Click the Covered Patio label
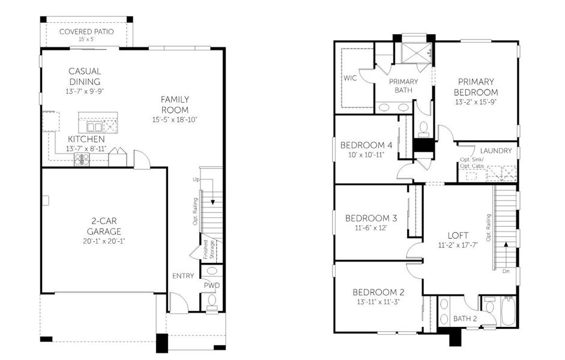(x=86, y=32)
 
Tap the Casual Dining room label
(x=85, y=76)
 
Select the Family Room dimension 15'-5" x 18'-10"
(x=175, y=120)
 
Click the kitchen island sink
(x=94, y=127)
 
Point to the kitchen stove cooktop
(x=82, y=159)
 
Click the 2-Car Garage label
(x=104, y=226)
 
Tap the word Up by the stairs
(x=196, y=179)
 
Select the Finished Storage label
(x=208, y=250)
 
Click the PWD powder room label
(x=212, y=286)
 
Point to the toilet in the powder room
(x=212, y=302)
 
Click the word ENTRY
(x=183, y=276)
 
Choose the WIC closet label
(x=350, y=78)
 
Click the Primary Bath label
(x=403, y=86)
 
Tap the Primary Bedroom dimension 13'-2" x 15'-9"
(x=476, y=102)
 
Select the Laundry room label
(x=496, y=151)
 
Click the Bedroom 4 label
(x=366, y=145)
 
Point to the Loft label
(x=458, y=235)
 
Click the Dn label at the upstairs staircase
(x=506, y=271)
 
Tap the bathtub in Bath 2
(x=509, y=311)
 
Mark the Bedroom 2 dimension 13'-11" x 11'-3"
(x=378, y=302)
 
